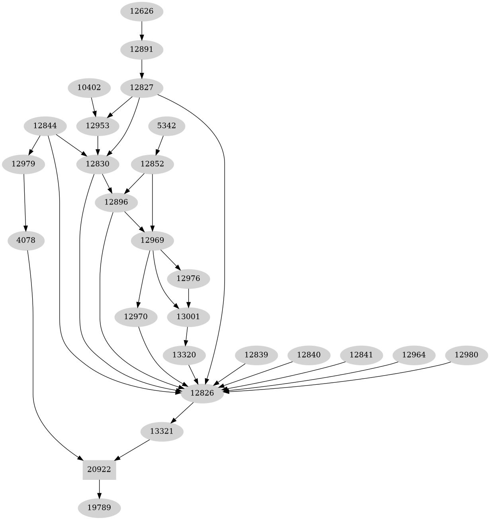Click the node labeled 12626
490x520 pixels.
[142, 11]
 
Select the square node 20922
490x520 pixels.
[99, 469]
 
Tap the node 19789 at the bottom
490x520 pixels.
[99, 508]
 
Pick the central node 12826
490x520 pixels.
[202, 393]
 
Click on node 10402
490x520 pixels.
[89, 88]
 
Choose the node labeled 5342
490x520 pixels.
[166, 126]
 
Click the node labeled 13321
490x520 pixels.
[162, 431]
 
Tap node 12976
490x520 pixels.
[188, 279]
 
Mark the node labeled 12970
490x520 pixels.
[136, 317]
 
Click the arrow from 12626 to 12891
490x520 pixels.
[142, 30]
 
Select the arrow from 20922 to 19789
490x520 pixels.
[99, 489]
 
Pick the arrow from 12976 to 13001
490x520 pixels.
[188, 298]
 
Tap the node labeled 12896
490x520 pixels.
[116, 202]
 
